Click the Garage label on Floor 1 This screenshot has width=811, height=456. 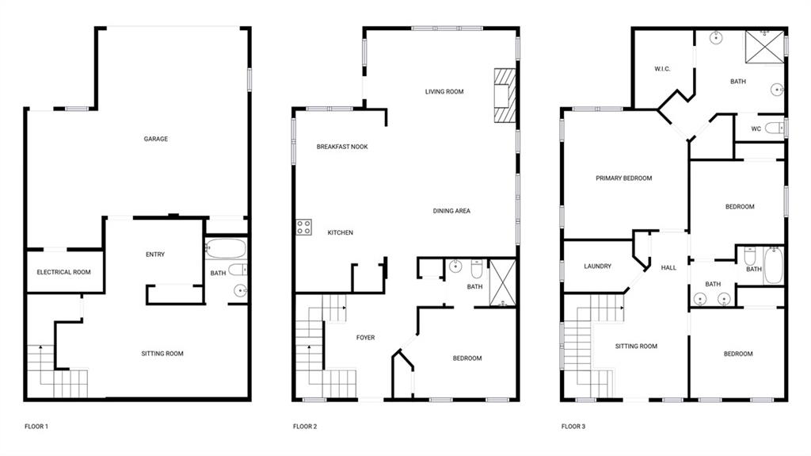[x=155, y=139]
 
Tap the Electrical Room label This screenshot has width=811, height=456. [x=63, y=272]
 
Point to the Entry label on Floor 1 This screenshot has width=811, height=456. [x=155, y=254]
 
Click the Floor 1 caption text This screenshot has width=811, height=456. [x=36, y=427]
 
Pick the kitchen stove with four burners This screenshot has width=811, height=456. [x=303, y=228]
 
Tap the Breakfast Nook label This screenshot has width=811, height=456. [x=342, y=147]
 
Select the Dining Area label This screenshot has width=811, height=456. [x=451, y=211]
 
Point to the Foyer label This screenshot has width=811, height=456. [x=365, y=338]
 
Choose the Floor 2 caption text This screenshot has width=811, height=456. [x=305, y=427]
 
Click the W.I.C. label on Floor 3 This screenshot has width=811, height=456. [x=663, y=69]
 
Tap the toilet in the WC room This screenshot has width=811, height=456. [x=774, y=128]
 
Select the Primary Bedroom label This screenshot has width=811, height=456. [x=624, y=178]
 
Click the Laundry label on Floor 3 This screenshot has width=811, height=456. [x=597, y=266]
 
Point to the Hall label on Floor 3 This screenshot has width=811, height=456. [x=668, y=268]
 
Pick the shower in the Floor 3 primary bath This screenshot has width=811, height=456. [x=764, y=46]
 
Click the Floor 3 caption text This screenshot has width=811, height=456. [x=573, y=427]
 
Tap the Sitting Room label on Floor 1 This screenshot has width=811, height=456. [x=162, y=354]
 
